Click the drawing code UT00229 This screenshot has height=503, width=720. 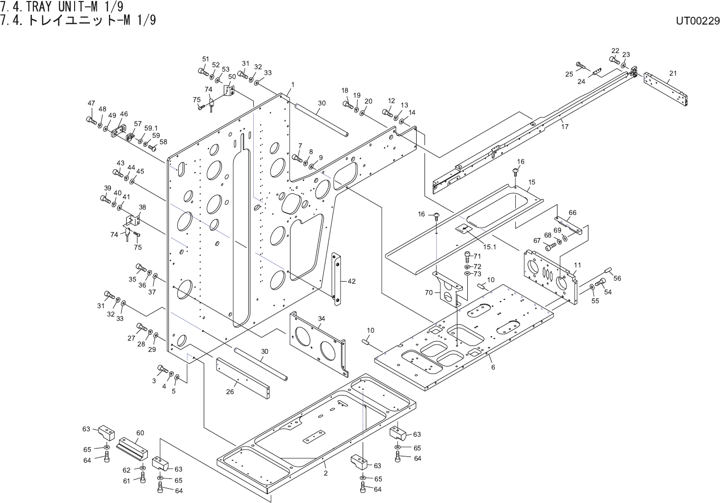pyautogui.click(x=697, y=21)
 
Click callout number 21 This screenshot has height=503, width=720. pyautogui.click(x=673, y=74)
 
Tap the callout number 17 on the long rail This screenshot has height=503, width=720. pyautogui.click(x=565, y=127)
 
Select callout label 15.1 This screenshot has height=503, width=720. pyautogui.click(x=489, y=247)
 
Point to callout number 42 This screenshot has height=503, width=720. pyautogui.click(x=351, y=281)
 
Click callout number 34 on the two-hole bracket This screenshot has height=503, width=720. pyautogui.click(x=321, y=318)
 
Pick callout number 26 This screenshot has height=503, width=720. pyautogui.click(x=229, y=391)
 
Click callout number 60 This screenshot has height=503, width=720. pyautogui.click(x=140, y=433)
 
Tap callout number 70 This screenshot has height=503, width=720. pyautogui.click(x=428, y=292)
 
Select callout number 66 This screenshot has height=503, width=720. pyautogui.click(x=572, y=212)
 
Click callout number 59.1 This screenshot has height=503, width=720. pyautogui.click(x=151, y=129)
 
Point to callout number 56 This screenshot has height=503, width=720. pyautogui.click(x=617, y=278)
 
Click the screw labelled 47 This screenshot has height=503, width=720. pyautogui.click(x=91, y=120)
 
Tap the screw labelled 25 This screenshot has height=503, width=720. pyautogui.click(x=581, y=65)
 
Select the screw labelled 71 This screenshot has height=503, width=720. pyautogui.click(x=468, y=256)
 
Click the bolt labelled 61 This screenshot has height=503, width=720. pyautogui.click(x=142, y=480)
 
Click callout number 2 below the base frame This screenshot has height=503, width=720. pyautogui.click(x=325, y=474)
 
